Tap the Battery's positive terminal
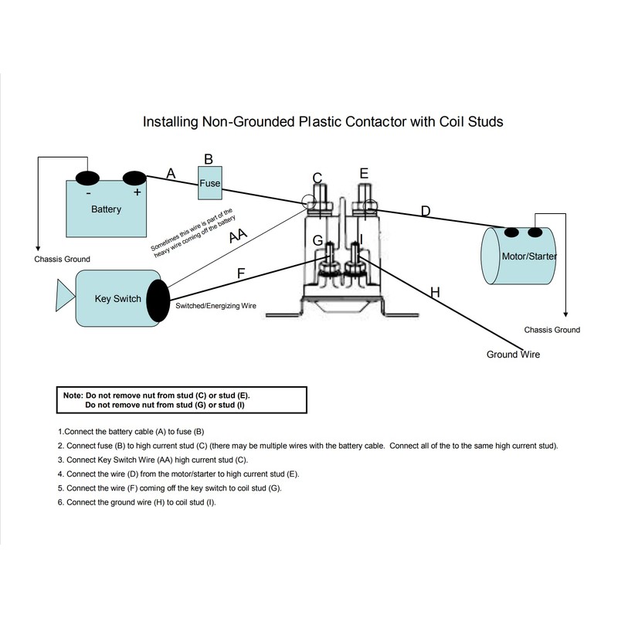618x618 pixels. click(x=135, y=179)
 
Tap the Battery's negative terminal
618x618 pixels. click(x=87, y=178)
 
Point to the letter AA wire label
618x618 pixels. click(x=239, y=236)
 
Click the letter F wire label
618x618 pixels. click(x=242, y=273)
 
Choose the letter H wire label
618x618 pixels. click(x=434, y=293)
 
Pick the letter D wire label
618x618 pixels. click(x=425, y=211)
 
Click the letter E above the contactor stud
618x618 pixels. click(x=364, y=173)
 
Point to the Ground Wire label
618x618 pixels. click(x=513, y=355)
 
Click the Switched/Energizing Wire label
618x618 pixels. click(x=216, y=307)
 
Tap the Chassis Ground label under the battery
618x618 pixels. click(x=63, y=259)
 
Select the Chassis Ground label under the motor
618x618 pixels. click(x=552, y=330)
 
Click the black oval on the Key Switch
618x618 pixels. click(x=158, y=298)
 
